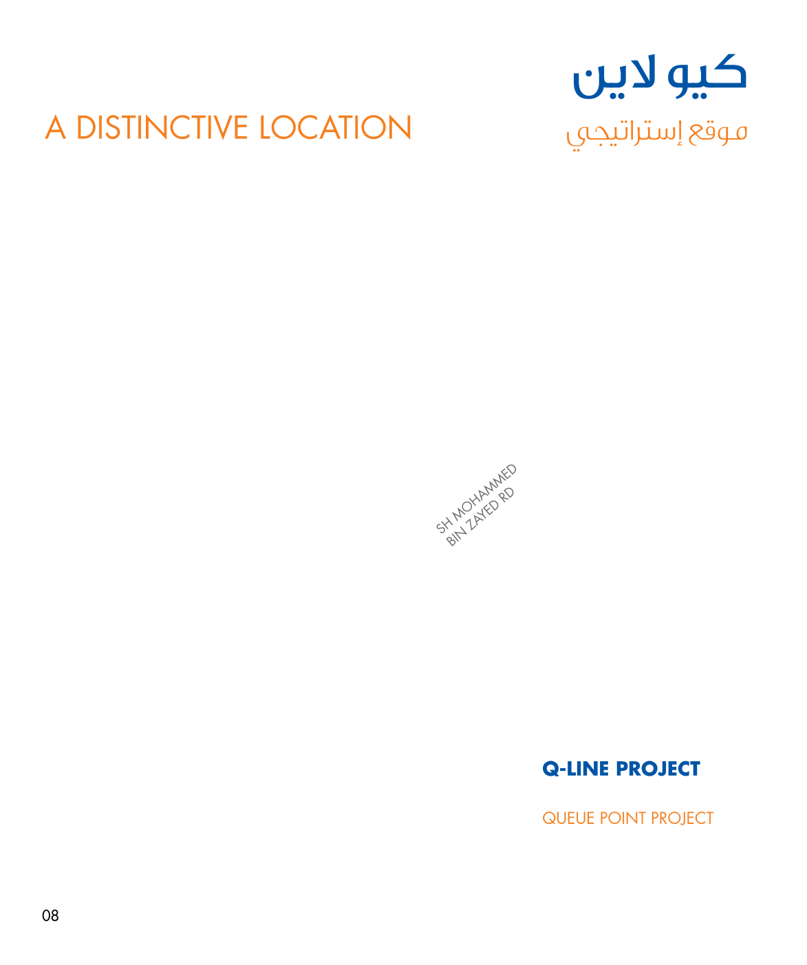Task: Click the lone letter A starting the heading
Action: [56, 128]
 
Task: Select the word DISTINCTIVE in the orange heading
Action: [162, 128]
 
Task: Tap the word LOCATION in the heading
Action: [336, 128]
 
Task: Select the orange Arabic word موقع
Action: [720, 132]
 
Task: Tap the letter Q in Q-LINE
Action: [550, 769]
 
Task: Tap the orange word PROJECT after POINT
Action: [682, 818]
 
